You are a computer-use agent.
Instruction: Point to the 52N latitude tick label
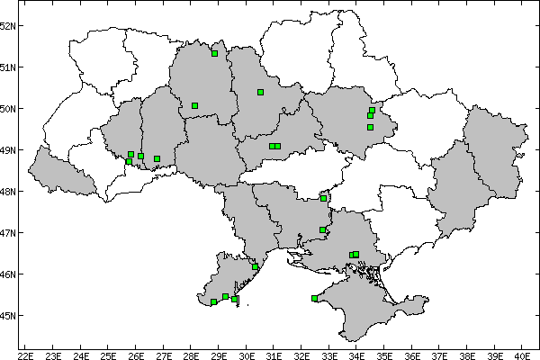coord(8,25)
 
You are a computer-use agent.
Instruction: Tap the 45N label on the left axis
coord(8,315)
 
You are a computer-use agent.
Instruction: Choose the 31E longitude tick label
coord(274,354)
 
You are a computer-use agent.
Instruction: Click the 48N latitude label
coord(8,191)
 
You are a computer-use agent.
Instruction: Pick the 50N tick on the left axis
coord(8,108)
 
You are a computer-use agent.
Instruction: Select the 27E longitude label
coord(164,354)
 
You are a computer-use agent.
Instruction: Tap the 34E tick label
coord(357,354)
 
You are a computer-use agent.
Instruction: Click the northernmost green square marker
coord(214,53)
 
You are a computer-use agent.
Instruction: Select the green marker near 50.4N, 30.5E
coord(260,92)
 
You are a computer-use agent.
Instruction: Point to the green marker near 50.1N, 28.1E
coord(194,105)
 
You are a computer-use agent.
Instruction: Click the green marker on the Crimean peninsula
coord(314,299)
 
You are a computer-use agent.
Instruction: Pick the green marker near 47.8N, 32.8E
coord(323,198)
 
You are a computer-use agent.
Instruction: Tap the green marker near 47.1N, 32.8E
coord(322,229)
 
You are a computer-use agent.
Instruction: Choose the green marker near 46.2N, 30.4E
coord(256,267)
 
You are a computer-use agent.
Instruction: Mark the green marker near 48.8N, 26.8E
coord(157,159)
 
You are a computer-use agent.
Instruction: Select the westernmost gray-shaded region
coord(59,171)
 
